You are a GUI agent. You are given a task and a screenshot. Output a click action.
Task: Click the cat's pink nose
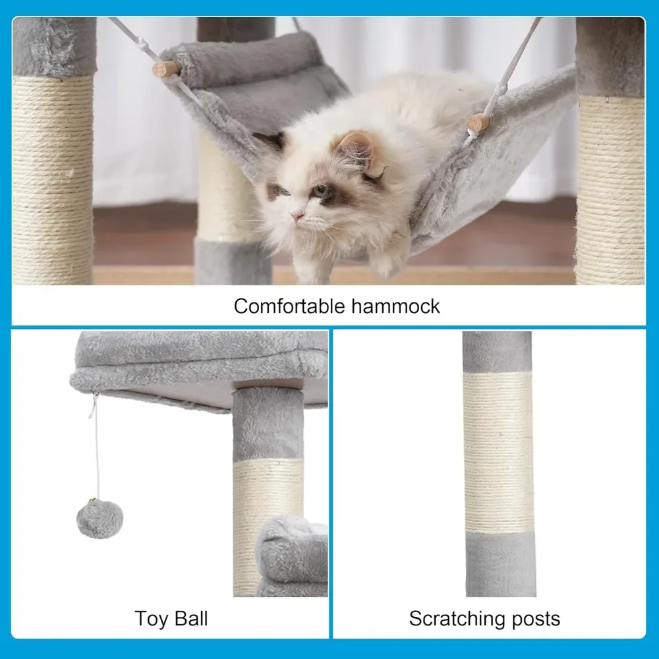tap(299, 216)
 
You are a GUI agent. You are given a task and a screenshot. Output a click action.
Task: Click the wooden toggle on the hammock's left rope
tap(165, 69)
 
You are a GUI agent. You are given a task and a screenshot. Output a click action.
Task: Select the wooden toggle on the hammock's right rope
tap(478, 123)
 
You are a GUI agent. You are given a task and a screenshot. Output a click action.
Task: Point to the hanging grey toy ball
tap(100, 519)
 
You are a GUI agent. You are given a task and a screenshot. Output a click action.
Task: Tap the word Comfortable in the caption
tap(289, 306)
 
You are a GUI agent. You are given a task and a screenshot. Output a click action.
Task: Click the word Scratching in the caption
tap(457, 619)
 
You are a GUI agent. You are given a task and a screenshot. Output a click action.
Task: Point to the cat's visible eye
tap(321, 192)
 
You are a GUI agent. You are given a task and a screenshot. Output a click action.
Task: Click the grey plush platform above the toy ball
tap(198, 362)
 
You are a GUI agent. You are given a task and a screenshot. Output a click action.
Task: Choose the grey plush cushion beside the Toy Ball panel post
tap(293, 554)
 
